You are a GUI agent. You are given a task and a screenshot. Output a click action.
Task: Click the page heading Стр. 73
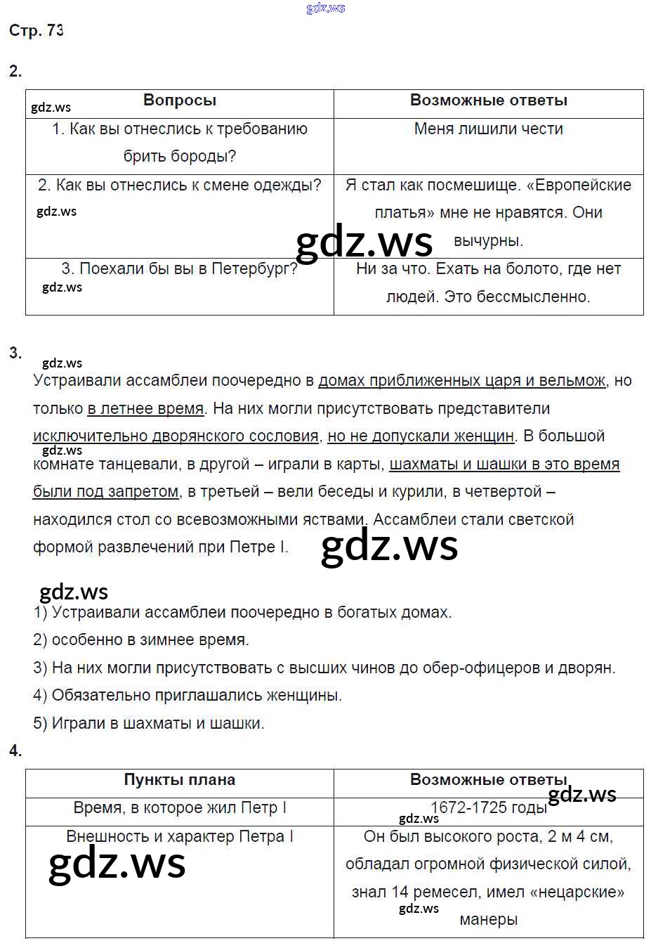[36, 30]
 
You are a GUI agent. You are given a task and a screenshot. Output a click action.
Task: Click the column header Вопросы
[180, 100]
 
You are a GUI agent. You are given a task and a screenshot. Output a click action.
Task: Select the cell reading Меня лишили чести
[488, 129]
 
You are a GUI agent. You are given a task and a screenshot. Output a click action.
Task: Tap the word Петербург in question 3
[254, 268]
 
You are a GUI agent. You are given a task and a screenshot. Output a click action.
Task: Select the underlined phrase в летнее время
[145, 408]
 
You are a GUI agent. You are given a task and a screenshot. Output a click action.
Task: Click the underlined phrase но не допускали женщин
[421, 436]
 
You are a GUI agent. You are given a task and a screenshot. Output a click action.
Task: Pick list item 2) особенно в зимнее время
[141, 639]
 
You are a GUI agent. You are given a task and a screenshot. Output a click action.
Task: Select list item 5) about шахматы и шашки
[149, 723]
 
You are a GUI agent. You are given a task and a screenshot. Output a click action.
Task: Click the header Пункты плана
[180, 780]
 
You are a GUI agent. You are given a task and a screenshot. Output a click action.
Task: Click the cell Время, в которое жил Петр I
[180, 808]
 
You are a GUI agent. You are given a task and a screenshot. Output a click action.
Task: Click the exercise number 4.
[15, 751]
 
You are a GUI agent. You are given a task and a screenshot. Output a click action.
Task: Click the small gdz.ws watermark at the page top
[326, 8]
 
